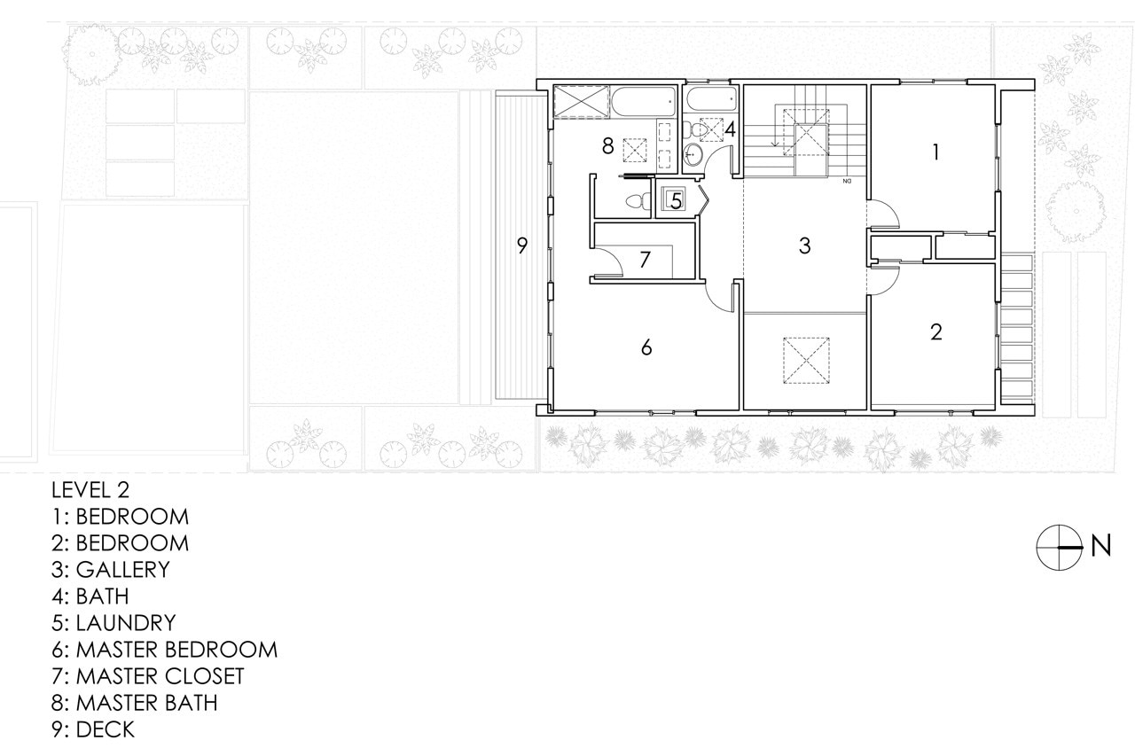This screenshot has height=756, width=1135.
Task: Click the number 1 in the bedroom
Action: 935,152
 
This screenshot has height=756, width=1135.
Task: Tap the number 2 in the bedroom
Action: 935,331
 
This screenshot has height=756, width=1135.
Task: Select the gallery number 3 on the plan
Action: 804,246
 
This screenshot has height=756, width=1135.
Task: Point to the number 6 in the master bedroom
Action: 646,347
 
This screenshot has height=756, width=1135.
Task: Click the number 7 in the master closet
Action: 645,260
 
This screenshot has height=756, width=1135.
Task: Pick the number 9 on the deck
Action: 522,246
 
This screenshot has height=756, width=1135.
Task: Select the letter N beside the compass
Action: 1100,547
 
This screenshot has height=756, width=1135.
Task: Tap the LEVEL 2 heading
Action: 90,490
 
